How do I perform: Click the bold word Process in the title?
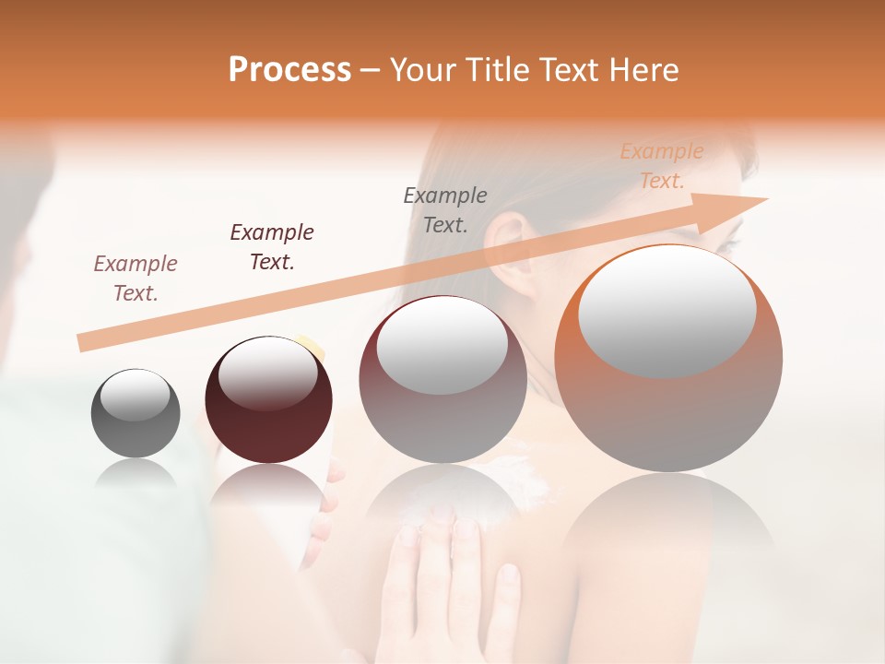tap(289, 70)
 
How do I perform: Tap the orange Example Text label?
tap(661, 166)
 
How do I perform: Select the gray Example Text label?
tap(445, 209)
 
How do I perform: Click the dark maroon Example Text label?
tap(272, 246)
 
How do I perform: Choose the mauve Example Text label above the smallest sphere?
tap(136, 278)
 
